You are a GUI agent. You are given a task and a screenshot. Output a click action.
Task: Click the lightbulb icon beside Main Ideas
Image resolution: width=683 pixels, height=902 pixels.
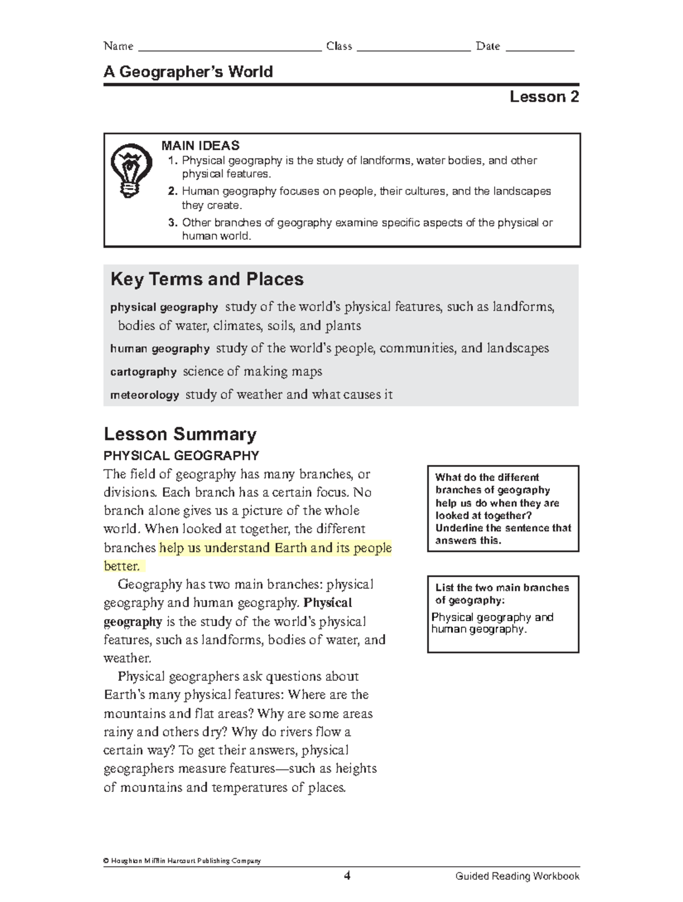pos(131,170)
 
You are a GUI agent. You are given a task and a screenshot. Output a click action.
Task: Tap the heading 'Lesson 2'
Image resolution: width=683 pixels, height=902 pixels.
pos(544,97)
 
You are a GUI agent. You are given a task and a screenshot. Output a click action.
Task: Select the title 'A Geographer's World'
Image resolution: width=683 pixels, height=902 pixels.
pos(188,72)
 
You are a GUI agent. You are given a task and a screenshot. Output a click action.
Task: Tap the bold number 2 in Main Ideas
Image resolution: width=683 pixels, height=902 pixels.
pos(172,191)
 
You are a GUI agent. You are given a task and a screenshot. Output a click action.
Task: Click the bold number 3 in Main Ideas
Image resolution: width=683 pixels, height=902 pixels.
pos(172,223)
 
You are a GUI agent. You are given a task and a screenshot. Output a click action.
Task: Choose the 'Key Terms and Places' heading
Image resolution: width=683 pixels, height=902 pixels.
pos(207,279)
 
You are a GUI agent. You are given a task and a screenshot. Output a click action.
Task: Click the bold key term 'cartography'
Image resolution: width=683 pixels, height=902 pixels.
pos(143,372)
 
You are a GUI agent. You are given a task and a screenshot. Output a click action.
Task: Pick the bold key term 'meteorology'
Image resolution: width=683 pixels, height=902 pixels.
pos(145,395)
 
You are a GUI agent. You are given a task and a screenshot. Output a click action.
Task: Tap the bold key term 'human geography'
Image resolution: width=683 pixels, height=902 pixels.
pos(160,349)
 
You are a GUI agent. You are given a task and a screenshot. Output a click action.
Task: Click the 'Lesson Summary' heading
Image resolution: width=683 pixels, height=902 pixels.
pos(180,434)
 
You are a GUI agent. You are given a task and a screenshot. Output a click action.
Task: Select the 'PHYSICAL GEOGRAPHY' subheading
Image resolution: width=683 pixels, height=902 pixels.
pos(181,456)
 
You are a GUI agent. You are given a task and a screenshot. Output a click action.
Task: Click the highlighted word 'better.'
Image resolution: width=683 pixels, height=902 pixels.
pos(122,566)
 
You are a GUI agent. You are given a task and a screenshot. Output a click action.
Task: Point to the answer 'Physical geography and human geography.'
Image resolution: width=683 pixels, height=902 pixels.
pos(492,623)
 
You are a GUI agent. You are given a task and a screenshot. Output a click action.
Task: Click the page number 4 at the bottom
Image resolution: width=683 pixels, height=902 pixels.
pos(347,876)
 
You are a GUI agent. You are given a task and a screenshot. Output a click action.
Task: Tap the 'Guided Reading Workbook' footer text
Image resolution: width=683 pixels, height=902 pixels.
pos(517,876)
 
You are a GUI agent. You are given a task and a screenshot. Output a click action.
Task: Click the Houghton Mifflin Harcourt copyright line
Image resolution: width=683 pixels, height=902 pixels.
pos(182,860)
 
